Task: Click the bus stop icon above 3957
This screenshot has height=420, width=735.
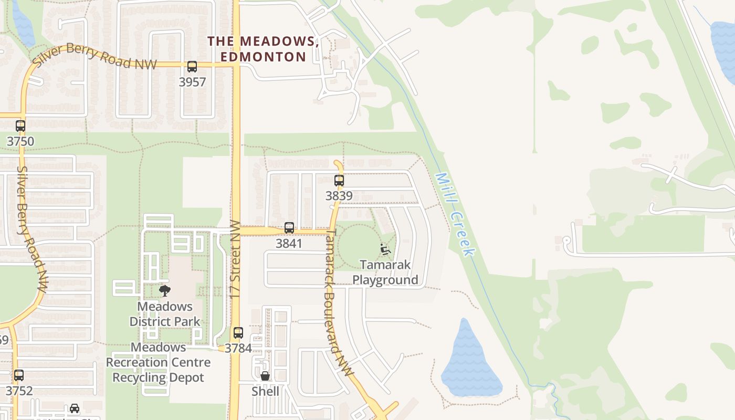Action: [x=192, y=67]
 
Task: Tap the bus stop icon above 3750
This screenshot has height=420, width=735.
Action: [x=20, y=126]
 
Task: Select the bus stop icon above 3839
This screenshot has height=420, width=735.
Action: [x=339, y=181]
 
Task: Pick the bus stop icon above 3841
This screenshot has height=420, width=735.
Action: [x=289, y=228]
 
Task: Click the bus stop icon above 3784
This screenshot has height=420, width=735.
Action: [x=238, y=332]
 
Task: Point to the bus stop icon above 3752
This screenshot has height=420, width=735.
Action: [x=19, y=375]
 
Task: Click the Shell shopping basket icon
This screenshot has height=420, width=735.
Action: [x=265, y=376]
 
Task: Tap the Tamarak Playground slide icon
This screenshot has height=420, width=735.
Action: [x=385, y=249]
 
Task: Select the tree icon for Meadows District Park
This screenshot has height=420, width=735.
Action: [x=165, y=291]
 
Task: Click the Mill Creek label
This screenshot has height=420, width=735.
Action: [x=454, y=215]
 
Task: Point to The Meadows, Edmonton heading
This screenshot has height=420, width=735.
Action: [x=263, y=49]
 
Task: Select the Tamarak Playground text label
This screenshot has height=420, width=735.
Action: [x=385, y=272]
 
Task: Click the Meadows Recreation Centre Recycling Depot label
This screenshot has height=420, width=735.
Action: [x=158, y=362]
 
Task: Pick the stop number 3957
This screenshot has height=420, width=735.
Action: [x=192, y=82]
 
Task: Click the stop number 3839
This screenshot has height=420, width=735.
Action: [x=339, y=196]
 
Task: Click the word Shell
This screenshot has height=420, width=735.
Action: [x=265, y=391]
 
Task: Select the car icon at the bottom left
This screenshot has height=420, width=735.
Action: [x=75, y=408]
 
